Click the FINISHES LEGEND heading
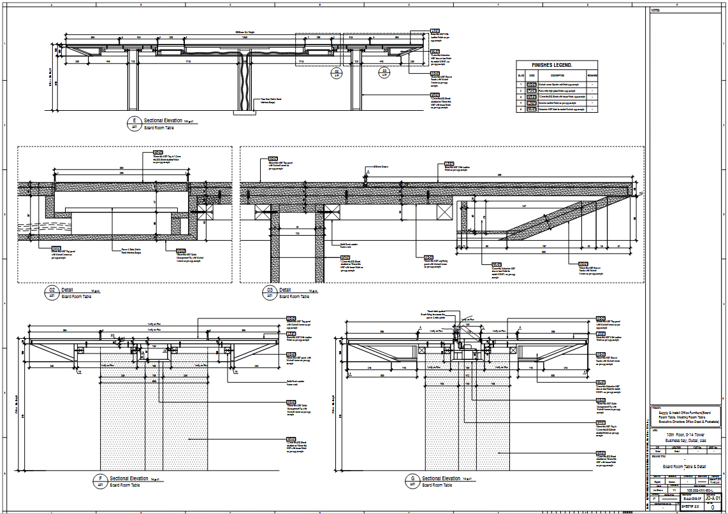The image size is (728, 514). coord(552,65)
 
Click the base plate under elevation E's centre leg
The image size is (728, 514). coord(244,113)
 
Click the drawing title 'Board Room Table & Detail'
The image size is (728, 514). coord(684,466)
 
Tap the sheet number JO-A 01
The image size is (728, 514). coord(713,498)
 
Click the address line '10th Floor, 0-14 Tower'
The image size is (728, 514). coord(684,434)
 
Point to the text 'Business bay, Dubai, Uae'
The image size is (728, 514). coord(684,440)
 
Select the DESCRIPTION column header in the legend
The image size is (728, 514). coord(557,76)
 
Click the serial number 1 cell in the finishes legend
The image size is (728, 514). coord(520,84)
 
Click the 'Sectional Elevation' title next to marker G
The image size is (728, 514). coord(442,478)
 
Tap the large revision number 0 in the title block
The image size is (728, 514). coord(713,508)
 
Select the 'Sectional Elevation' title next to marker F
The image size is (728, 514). coord(129,478)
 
